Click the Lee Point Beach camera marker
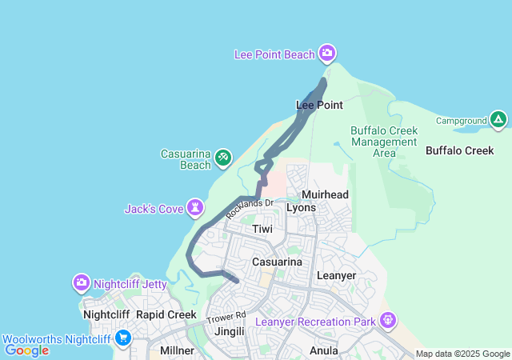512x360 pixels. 327,54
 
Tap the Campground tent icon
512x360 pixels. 498,121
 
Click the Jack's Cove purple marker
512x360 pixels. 195,208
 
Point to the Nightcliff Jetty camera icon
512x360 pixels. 82,283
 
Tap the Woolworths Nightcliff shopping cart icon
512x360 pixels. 122,338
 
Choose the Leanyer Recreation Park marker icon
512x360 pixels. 388,321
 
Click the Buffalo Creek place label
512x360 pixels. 459,150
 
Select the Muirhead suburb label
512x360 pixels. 325,194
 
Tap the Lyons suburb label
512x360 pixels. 301,207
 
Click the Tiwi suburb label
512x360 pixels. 262,229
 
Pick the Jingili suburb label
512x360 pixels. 229,330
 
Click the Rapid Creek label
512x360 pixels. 166,314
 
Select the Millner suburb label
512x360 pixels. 177,350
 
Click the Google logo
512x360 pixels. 26,350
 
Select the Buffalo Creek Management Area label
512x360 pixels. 384,142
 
